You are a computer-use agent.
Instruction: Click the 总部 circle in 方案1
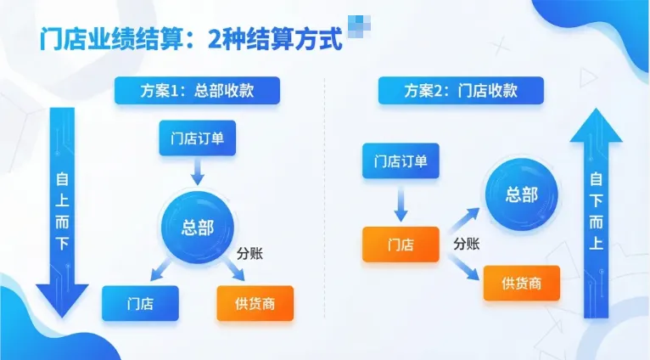tap(198, 227)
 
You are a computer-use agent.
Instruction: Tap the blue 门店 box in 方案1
tap(140, 303)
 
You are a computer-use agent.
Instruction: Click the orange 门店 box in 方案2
tap(401, 245)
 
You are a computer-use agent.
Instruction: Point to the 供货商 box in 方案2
tap(522, 283)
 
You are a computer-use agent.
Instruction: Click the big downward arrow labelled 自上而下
tap(63, 212)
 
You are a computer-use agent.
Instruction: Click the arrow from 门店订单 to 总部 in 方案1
tap(198, 172)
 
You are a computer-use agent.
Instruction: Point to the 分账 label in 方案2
tap(466, 244)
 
